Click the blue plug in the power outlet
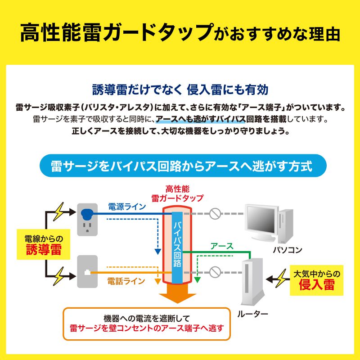(x=87, y=215)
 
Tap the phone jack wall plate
(x=87, y=272)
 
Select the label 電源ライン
(x=127, y=207)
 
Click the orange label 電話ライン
(x=126, y=281)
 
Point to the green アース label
(x=222, y=246)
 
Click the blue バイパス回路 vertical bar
(x=177, y=248)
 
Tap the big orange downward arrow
(x=177, y=293)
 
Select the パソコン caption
(x=288, y=250)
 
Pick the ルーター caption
(x=252, y=314)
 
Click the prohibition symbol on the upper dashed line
(x=215, y=214)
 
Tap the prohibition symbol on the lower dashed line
(x=215, y=272)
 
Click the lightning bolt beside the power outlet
(x=59, y=211)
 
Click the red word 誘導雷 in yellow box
(x=44, y=250)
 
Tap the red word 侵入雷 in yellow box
(x=317, y=285)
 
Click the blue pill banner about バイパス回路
(x=183, y=166)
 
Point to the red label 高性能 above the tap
(x=177, y=189)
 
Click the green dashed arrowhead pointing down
(x=197, y=280)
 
